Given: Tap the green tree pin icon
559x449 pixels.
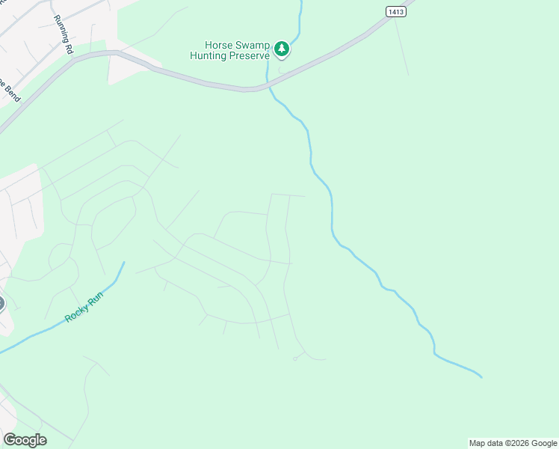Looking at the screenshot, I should click(x=281, y=49).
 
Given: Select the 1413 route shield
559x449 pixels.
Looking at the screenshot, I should click(x=397, y=11).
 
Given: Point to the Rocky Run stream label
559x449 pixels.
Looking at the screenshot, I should click(x=83, y=306).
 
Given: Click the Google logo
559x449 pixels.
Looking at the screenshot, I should click(x=25, y=440).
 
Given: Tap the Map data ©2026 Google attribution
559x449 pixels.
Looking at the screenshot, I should click(x=513, y=443).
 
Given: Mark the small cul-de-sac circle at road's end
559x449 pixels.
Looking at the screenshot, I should click(x=295, y=359).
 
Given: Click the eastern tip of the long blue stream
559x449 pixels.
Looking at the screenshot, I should click(x=481, y=376).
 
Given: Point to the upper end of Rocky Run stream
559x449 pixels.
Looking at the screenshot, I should click(x=123, y=263).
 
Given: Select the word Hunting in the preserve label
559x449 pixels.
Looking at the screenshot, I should click(x=209, y=55).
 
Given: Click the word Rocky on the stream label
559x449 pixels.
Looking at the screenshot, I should click(x=75, y=314).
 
